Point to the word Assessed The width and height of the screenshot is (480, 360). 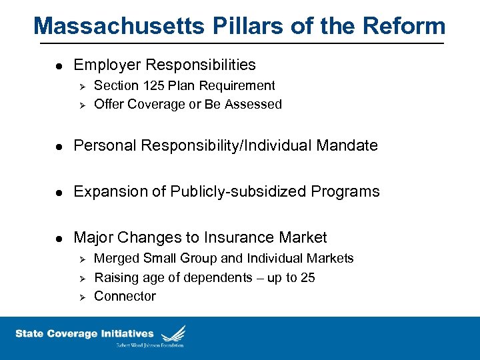coord(253,104)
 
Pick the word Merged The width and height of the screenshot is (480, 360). coord(116,258)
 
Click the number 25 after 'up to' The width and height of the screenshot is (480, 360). coord(308,277)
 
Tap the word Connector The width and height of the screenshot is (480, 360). coord(125,296)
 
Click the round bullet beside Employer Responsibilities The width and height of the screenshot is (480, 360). coord(59,65)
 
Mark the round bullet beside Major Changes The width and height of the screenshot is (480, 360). coord(59,238)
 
